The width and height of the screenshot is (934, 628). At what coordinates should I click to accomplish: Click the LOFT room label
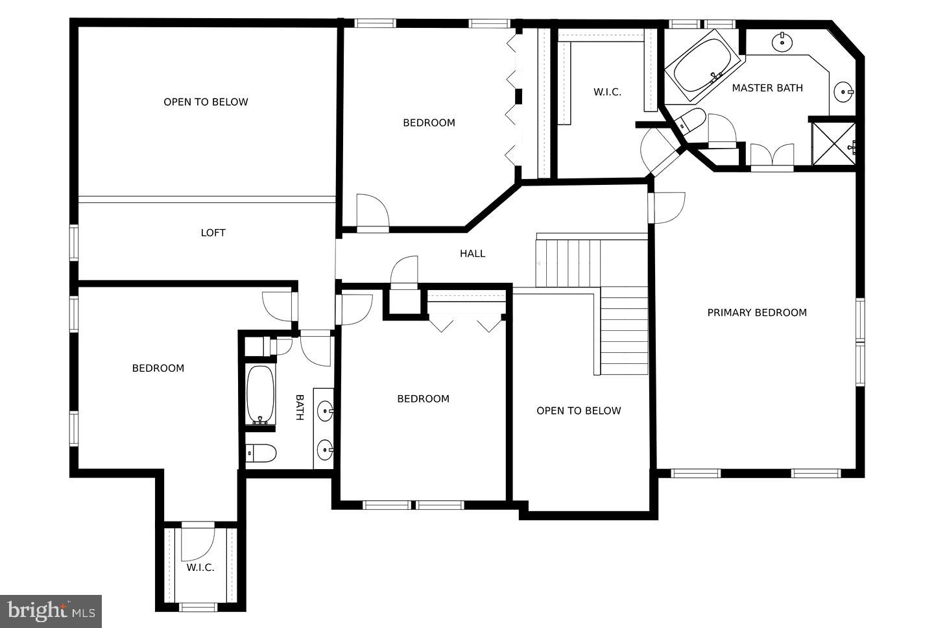pos(213,233)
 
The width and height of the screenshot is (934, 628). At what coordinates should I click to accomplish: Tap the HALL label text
pos(472,254)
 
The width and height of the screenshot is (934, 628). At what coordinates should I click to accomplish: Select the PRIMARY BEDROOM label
pos(757,313)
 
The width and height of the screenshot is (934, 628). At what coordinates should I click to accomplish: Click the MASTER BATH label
pos(767,88)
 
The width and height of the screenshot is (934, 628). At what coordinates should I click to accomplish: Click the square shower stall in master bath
pos(834,143)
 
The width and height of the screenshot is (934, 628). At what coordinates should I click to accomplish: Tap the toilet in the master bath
pos(689,121)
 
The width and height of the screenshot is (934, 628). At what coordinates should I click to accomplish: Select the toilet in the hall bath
pos(261,453)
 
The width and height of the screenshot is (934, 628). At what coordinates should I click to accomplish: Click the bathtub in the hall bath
pos(261,395)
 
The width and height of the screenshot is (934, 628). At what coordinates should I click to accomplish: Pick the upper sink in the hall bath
pos(325,409)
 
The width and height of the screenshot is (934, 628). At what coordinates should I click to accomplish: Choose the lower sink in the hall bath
pos(325,448)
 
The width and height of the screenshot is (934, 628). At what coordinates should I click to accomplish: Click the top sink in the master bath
pos(783,42)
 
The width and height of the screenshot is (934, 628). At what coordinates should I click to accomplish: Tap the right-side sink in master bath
pos(843,91)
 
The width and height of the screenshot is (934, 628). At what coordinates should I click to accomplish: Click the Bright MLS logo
pos(51,611)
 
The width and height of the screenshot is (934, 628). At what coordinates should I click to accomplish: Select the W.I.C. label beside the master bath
pos(607,92)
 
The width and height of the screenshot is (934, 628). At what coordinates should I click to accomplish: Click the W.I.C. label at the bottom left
pos(200,568)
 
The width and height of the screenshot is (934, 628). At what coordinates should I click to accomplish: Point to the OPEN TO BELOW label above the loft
pos(206,102)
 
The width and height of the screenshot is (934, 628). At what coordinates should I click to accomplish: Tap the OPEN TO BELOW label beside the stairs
pos(579,411)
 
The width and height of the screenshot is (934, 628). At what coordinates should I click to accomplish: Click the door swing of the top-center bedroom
pos(372,211)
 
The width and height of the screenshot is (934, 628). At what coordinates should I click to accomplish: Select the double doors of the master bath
pos(772,156)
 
